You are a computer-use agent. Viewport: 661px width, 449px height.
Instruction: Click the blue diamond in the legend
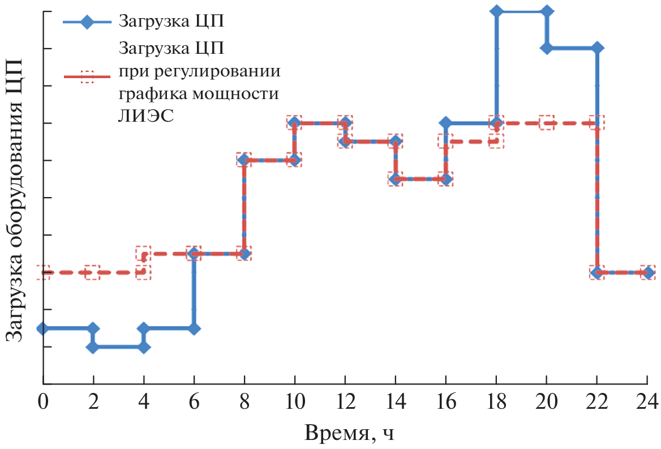click(x=87, y=23)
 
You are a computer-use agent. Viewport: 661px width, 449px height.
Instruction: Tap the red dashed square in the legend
click(x=87, y=77)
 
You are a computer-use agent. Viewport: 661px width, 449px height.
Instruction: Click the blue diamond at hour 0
click(x=42, y=328)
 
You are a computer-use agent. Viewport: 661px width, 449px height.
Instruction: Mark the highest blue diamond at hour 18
click(x=496, y=11)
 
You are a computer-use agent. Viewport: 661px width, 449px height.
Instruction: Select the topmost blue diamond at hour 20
click(x=547, y=11)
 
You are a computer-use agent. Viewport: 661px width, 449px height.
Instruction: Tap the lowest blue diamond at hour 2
click(x=93, y=347)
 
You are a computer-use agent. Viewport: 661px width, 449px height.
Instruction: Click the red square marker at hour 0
click(x=42, y=272)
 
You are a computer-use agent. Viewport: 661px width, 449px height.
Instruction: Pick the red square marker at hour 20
click(x=547, y=122)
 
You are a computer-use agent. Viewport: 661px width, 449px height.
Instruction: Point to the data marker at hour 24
click(x=647, y=272)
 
